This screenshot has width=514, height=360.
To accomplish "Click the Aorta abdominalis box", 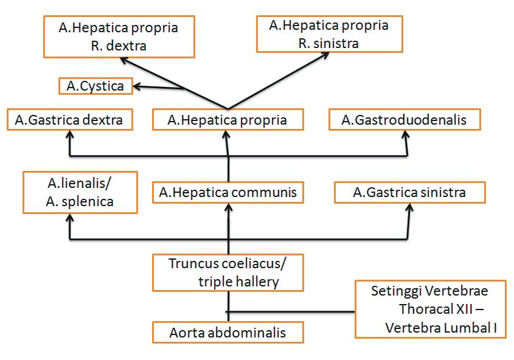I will point(227,333).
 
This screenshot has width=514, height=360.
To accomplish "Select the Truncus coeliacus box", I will point(227,272).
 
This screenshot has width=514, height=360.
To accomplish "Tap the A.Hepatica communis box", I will point(227,193).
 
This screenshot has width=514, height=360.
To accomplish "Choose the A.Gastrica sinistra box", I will point(409,193).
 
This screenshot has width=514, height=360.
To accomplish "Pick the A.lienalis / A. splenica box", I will point(80,192).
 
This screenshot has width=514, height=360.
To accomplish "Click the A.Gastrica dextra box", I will point(69,120).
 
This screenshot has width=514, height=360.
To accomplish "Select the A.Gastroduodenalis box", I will point(404,120).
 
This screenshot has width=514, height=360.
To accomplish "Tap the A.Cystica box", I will point(95,86).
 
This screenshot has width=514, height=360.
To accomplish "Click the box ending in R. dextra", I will point(119,36).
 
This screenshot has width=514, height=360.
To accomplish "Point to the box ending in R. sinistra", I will point(328,35).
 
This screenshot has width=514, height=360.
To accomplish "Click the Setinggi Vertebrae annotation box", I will point(431,309).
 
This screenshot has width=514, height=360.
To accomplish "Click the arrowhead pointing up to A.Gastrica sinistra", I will point(409,207).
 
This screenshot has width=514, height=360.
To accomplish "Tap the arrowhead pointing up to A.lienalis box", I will point(69,217).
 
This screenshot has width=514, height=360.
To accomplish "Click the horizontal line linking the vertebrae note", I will point(292,312).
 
